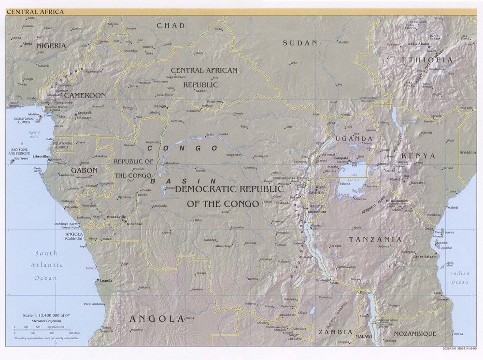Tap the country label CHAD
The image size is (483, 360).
(x=171, y=26)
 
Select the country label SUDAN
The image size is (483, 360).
(x=300, y=43)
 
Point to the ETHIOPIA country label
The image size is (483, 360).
(x=427, y=60)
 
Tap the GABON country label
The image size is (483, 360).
(x=85, y=171)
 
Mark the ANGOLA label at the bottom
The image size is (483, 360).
(x=149, y=319)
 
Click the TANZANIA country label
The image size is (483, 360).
(x=375, y=240)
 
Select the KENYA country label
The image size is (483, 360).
(x=418, y=156)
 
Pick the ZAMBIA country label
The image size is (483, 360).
(x=334, y=332)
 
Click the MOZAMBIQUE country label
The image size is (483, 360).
(x=415, y=334)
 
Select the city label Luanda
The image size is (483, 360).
(x=105, y=280)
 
